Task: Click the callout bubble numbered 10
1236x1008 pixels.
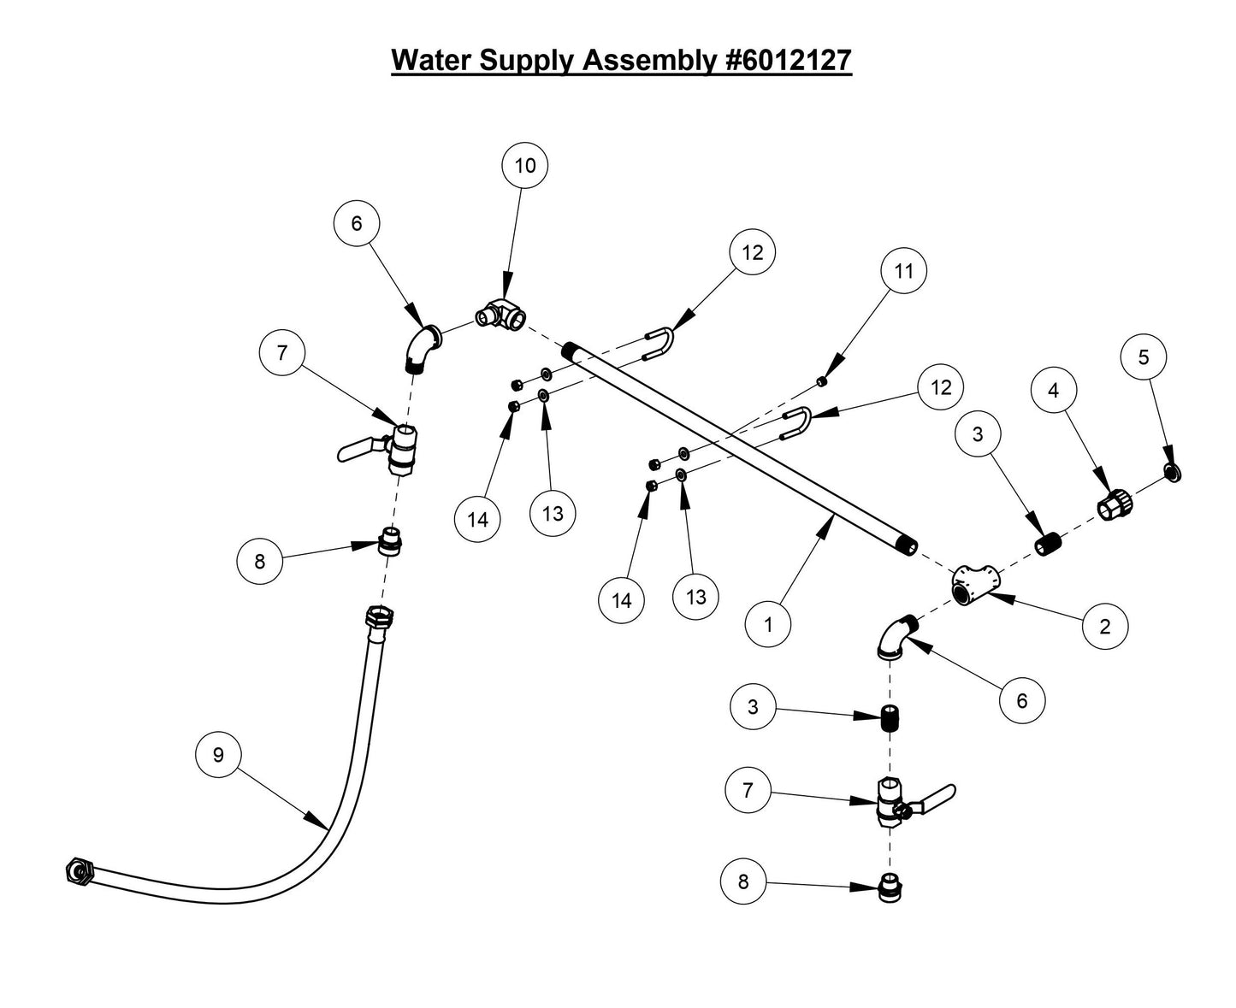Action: pyautogui.click(x=525, y=166)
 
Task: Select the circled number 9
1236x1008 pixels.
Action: pyautogui.click(x=218, y=754)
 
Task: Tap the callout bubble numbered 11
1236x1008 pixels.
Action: pyautogui.click(x=904, y=271)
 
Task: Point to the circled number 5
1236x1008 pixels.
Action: pyautogui.click(x=1144, y=357)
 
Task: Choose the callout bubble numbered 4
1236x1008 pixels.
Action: pyautogui.click(x=1053, y=390)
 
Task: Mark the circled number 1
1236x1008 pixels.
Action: pyautogui.click(x=767, y=624)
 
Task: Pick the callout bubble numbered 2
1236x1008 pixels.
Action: pyautogui.click(x=1104, y=627)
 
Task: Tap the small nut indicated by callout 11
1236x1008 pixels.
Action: pyautogui.click(x=821, y=380)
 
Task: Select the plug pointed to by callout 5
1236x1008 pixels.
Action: pyautogui.click(x=1174, y=471)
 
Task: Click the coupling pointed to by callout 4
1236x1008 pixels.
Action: pyautogui.click(x=1114, y=504)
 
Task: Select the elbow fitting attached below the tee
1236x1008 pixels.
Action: pyautogui.click(x=895, y=639)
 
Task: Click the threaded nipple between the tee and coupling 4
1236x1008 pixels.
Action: pyautogui.click(x=1048, y=544)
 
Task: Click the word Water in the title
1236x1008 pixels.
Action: pyautogui.click(x=431, y=61)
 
